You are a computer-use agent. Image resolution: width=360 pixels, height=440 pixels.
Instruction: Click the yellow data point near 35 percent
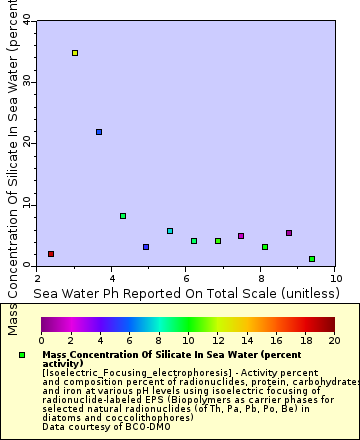[75, 53]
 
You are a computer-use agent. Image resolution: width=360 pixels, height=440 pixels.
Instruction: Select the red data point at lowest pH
[51, 254]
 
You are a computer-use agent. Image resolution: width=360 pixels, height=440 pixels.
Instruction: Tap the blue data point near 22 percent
[99, 132]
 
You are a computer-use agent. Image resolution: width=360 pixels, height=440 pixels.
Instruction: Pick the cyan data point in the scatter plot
[170, 231]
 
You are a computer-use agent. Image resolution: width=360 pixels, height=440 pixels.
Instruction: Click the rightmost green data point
[312, 259]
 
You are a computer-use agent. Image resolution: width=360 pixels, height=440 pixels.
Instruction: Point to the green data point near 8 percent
[123, 216]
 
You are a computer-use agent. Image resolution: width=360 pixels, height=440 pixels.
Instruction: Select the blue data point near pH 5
[146, 247]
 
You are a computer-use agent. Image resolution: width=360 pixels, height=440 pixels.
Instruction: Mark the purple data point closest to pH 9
[289, 233]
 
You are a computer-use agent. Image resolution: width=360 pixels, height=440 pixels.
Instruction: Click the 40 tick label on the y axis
[23, 19]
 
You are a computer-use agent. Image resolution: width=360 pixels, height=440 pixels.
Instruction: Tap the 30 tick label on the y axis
[23, 81]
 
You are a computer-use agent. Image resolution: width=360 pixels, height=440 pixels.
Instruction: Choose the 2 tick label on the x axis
[37, 277]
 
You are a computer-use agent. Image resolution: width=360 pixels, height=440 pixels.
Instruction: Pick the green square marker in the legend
[22, 355]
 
